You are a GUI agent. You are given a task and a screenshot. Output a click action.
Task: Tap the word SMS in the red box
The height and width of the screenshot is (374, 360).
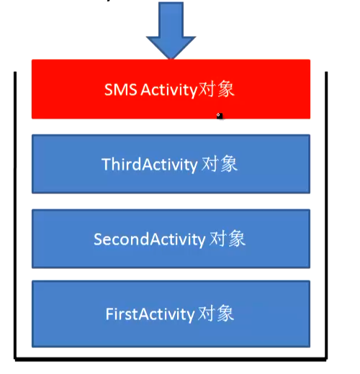tap(121, 90)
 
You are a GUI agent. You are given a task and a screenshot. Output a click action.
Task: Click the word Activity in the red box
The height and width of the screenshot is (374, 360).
tap(169, 91)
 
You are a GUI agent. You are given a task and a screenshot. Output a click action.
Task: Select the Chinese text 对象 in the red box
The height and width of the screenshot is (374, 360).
tap(217, 89)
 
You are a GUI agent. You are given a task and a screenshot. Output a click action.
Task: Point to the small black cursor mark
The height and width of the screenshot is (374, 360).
tap(220, 116)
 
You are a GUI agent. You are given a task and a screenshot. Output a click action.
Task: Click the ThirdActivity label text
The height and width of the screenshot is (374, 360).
tap(150, 165)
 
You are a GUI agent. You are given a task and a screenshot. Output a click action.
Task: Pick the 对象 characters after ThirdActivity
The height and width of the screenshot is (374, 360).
tap(220, 164)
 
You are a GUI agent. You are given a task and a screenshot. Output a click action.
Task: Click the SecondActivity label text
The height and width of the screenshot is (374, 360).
tap(150, 240)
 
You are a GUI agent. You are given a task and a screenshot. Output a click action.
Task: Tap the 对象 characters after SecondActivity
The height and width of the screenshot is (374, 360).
tap(228, 239)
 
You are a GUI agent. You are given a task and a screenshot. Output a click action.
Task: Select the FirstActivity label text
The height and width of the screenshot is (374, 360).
tap(150, 314)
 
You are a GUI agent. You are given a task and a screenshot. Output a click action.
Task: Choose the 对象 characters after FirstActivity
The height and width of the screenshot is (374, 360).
tap(216, 313)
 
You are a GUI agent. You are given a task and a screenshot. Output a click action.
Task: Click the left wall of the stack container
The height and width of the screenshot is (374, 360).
tap(15, 215)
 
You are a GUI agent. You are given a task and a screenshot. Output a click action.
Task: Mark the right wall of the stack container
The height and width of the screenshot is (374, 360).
tap(326, 215)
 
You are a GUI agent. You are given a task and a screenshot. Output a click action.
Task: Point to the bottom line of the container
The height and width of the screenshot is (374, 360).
tap(171, 359)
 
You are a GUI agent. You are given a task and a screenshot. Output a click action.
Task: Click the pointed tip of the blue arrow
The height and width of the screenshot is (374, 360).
tap(171, 59)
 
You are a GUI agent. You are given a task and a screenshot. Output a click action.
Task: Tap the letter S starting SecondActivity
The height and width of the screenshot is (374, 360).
tap(99, 240)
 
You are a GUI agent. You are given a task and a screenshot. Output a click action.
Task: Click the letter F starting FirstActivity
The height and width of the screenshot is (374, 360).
tap(109, 314)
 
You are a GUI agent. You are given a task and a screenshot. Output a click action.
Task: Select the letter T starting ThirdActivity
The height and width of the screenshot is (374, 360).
tap(107, 164)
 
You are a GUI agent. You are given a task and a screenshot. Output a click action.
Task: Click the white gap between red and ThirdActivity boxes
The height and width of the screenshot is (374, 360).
tap(171, 127)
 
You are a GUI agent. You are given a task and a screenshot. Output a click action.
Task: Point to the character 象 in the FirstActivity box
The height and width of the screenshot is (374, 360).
tap(225, 313)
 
